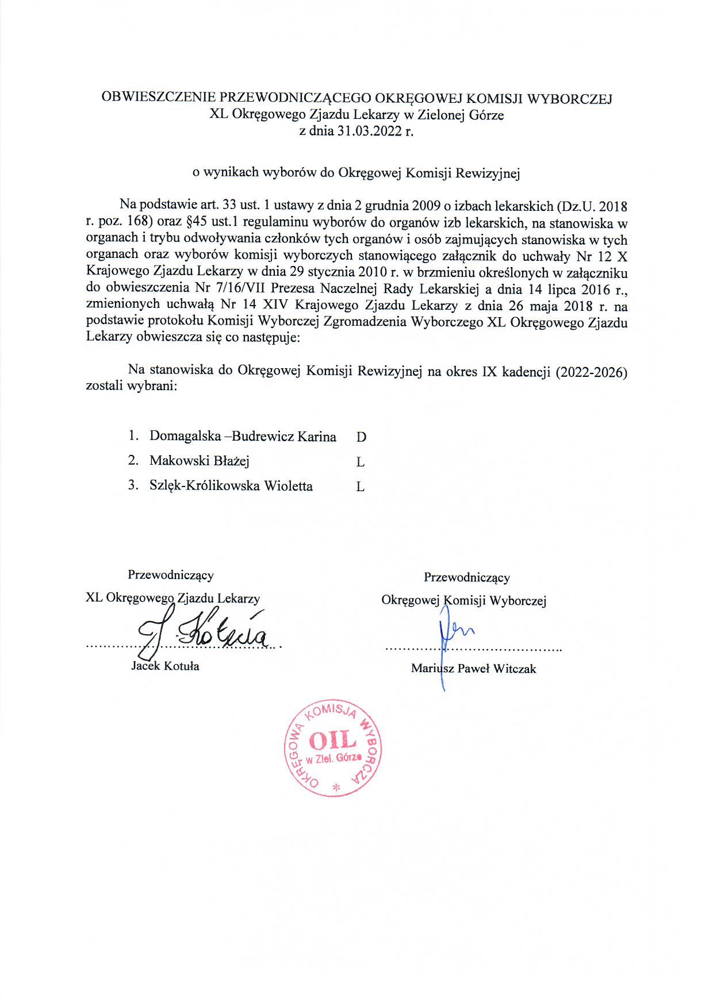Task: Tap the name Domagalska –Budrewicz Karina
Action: [243, 436]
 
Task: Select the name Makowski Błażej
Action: [199, 461]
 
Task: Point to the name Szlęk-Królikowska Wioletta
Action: [231, 486]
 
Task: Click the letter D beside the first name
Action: [361, 437]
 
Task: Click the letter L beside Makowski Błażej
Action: [361, 462]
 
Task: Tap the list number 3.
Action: [133, 486]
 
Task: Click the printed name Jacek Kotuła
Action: [166, 666]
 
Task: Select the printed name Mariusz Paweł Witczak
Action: [473, 669]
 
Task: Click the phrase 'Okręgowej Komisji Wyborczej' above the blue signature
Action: [463, 601]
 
